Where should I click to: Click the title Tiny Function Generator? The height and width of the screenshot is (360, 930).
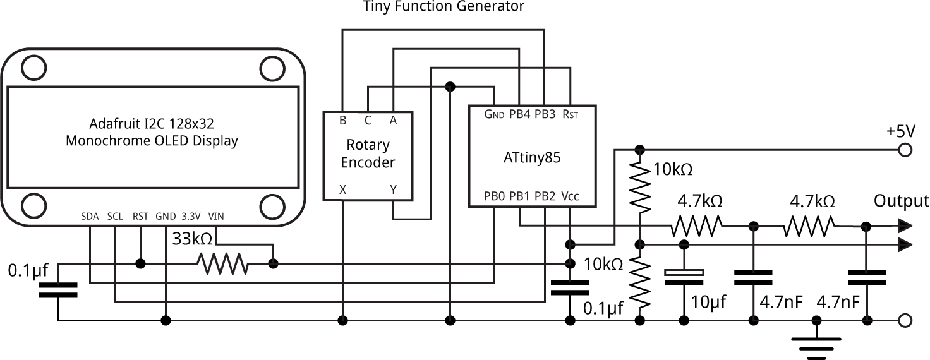[444, 7]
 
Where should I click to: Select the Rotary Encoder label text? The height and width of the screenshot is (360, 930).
[368, 153]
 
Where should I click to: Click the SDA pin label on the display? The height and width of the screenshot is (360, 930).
[90, 216]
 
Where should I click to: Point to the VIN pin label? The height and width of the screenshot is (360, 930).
[215, 216]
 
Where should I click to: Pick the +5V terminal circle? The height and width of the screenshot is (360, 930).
[904, 150]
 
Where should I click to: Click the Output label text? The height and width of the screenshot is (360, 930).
[901, 201]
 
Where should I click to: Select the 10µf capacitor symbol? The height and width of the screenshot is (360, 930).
[684, 277]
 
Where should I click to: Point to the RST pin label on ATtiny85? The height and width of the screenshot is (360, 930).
[570, 114]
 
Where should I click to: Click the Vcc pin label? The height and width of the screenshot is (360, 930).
[569, 196]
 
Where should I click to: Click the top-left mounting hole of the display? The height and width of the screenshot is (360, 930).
[31, 66]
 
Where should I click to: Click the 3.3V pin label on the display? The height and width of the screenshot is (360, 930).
[190, 216]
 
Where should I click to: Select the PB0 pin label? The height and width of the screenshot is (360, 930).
[494, 196]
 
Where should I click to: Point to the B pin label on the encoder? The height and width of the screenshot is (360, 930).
[342, 120]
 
